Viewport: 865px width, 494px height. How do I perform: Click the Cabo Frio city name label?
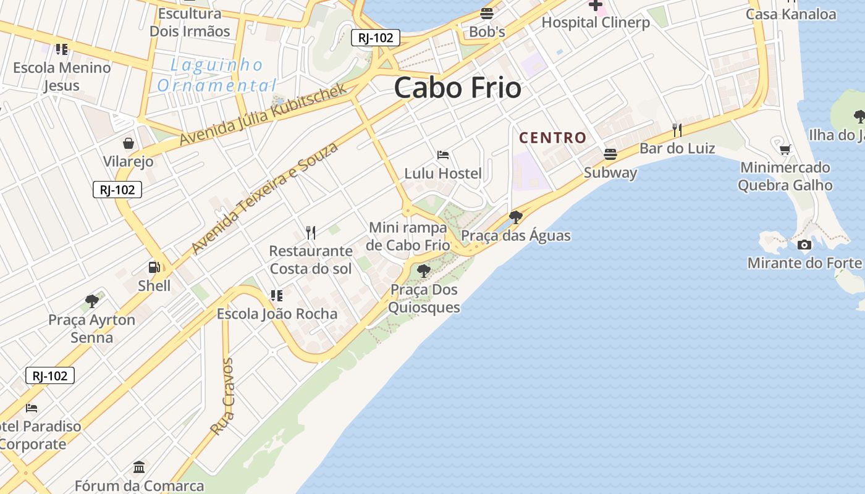coord(457,88)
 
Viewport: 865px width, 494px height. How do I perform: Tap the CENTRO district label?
coord(552,138)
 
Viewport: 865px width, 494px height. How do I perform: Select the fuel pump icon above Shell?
coord(154,267)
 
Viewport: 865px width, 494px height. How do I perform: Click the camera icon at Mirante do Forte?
coord(804,245)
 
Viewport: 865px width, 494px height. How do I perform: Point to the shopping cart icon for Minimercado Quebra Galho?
coord(785,149)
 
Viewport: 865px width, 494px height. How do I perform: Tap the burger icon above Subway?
coord(610,154)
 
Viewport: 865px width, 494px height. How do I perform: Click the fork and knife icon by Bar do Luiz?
coord(677,130)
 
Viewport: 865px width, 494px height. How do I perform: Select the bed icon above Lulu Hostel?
coord(443,155)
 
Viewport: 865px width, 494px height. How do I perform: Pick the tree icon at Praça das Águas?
coord(515,217)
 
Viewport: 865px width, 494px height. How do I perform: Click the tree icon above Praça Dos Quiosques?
coord(423,270)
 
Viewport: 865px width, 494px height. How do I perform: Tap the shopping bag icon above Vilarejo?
coord(129,144)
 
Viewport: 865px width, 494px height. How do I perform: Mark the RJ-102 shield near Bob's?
coord(376,38)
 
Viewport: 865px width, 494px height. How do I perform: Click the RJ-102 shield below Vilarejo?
coord(117,190)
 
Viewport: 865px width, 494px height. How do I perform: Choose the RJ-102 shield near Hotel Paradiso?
coord(50,375)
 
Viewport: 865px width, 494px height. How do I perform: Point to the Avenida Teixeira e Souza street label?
coord(266,198)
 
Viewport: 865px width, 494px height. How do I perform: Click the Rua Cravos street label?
coord(222,396)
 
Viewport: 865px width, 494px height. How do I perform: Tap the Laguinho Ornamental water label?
coord(216,75)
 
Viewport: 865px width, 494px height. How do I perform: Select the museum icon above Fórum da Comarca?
coord(139,467)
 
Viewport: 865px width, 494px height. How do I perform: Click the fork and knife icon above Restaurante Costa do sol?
coord(311,233)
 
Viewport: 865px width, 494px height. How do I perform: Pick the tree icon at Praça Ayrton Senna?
coord(92,301)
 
